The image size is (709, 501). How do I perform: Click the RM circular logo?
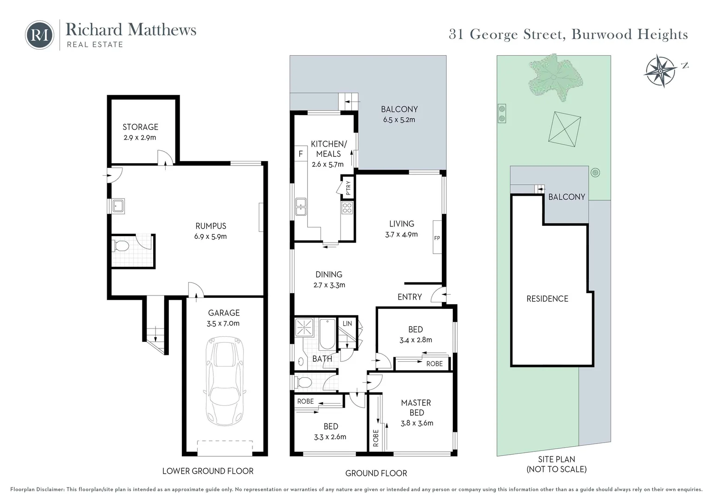coord(39,35)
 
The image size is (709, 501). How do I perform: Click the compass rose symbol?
coord(660,71)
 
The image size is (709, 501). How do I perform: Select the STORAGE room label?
coord(140,127)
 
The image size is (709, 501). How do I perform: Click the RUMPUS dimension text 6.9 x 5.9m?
coord(211,237)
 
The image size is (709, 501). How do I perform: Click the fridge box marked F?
coord(301,154)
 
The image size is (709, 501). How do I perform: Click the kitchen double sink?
coord(301,207)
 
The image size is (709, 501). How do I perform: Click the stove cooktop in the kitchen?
coord(347,207)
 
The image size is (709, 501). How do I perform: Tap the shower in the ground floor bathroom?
coord(305,328)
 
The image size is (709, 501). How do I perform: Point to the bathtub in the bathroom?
coord(327,334)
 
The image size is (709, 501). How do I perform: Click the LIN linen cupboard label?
coord(347,323)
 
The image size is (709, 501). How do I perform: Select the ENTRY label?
coord(409,297)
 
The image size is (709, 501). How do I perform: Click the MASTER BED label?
coord(416,407)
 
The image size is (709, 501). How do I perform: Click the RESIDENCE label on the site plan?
coord(547,299)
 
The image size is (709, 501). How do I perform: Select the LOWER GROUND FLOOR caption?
coord(208,471)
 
